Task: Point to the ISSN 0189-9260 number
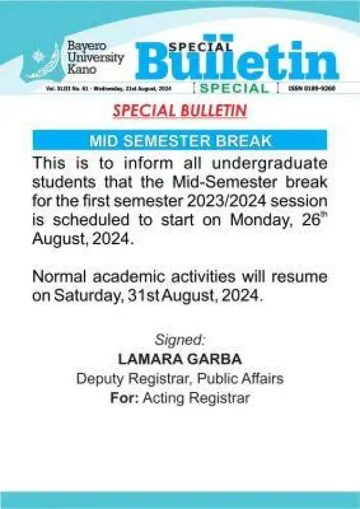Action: (312, 88)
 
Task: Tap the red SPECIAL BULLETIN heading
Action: (180, 112)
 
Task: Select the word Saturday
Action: (90, 295)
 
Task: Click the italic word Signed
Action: (179, 340)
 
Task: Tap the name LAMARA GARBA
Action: (179, 360)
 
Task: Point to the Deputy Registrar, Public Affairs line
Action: (179, 379)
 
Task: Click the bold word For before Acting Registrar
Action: (124, 398)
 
